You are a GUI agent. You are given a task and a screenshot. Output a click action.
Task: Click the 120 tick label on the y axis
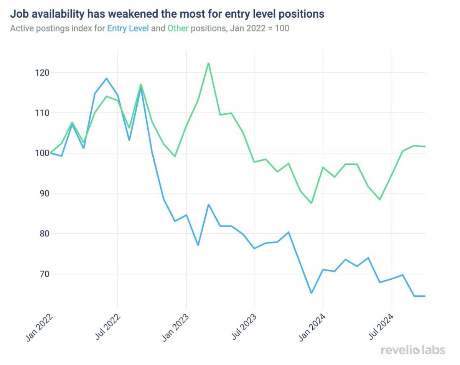click(x=42, y=73)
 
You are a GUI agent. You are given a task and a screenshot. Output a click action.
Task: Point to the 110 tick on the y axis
click(x=42, y=113)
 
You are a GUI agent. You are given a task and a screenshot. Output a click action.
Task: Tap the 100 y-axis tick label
click(x=42, y=153)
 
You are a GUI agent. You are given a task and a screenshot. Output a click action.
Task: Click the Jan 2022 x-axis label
click(x=40, y=327)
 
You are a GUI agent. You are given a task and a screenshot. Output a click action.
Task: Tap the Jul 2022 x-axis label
click(x=108, y=327)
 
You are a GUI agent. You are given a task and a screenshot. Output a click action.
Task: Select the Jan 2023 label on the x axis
click(x=176, y=327)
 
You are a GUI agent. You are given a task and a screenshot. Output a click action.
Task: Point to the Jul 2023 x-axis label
click(x=244, y=327)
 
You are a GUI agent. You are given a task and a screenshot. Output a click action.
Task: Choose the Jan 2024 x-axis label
click(x=312, y=327)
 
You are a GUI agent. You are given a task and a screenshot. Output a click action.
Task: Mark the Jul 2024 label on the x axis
click(x=381, y=327)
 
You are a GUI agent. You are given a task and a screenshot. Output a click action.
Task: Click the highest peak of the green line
click(x=208, y=63)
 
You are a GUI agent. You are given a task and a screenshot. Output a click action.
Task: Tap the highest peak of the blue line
click(x=106, y=78)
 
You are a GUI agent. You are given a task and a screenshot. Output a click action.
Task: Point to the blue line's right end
click(x=425, y=296)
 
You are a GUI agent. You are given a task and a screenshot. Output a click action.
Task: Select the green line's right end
click(x=425, y=147)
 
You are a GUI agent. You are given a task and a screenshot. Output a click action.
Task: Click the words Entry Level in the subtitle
click(x=128, y=28)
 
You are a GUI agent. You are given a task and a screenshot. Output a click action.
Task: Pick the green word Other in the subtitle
click(x=178, y=28)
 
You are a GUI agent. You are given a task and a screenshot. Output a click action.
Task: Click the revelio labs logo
click(x=413, y=350)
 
